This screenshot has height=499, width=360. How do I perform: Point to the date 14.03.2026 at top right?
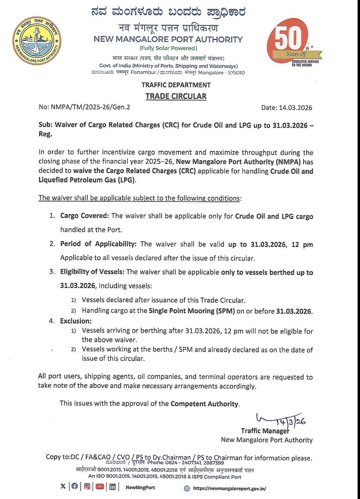(287, 108)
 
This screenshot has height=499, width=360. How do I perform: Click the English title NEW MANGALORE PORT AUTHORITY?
(169, 40)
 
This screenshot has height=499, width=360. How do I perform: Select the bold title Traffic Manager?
(265, 430)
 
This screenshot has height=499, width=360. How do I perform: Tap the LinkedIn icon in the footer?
(113, 486)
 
